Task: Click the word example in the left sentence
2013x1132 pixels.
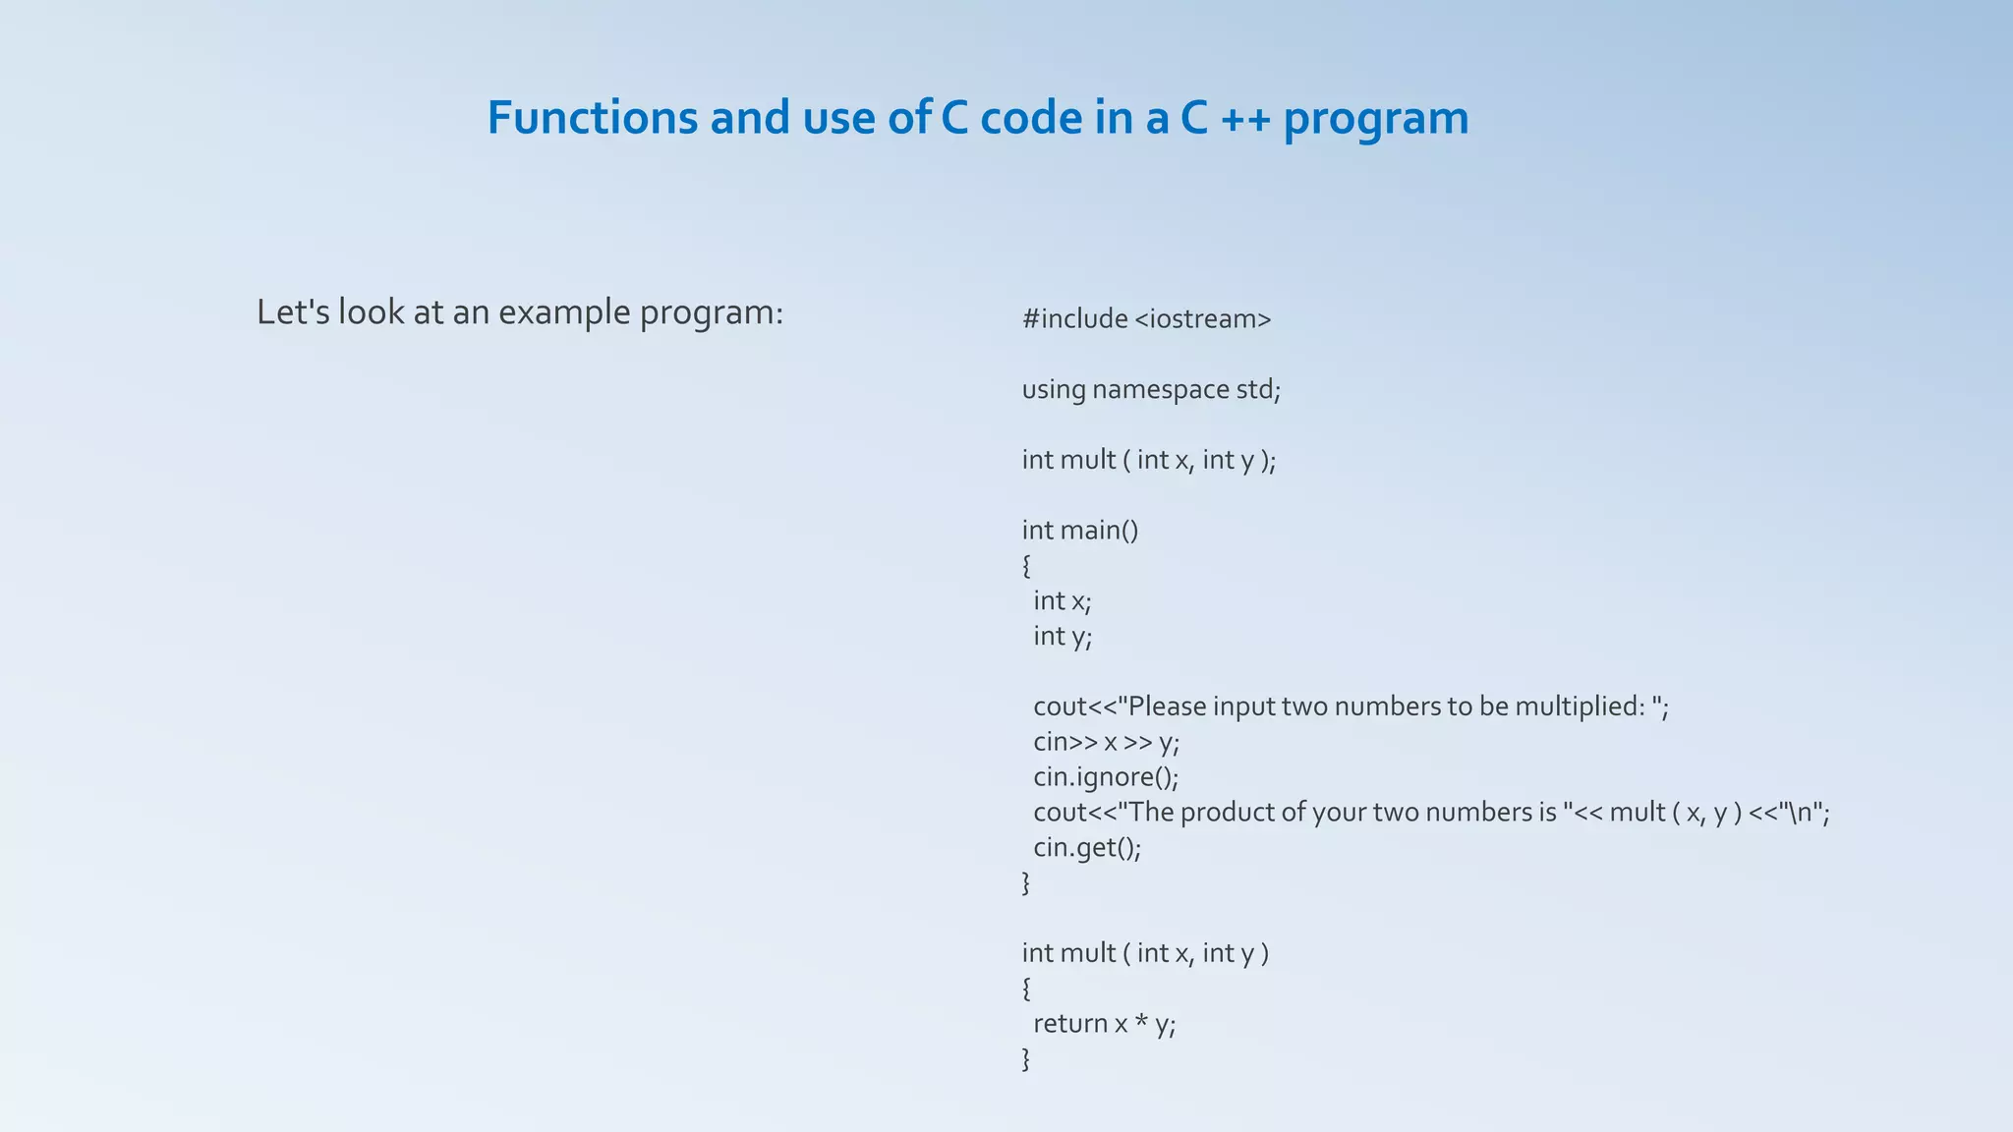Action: point(564,312)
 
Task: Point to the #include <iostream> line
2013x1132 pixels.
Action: point(1146,319)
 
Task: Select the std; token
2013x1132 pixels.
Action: point(1258,390)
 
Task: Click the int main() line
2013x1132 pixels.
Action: point(1079,531)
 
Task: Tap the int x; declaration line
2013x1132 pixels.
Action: point(1062,601)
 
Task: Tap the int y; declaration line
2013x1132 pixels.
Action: point(1062,637)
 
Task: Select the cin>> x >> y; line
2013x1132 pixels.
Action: point(1105,742)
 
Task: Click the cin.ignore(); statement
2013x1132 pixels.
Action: point(1105,777)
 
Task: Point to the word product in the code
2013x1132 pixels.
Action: point(1226,813)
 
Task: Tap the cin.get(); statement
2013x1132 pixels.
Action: point(1086,848)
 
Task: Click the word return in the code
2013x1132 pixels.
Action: point(1069,1024)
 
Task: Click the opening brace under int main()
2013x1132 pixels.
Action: point(1026,566)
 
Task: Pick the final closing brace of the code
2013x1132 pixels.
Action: point(1026,1059)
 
